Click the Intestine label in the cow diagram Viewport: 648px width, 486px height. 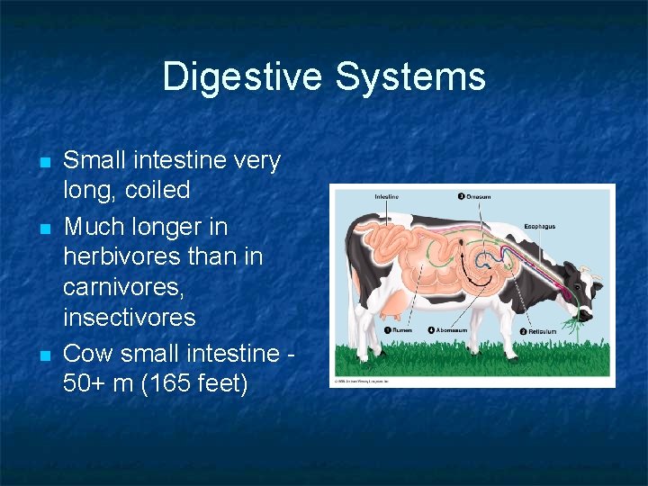click(387, 196)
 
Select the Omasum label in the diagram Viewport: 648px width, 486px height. click(478, 196)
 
